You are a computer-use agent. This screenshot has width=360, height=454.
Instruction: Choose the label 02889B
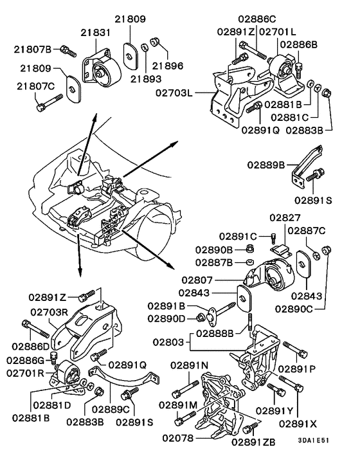(269, 164)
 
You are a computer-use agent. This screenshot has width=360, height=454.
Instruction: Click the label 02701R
(26, 373)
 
